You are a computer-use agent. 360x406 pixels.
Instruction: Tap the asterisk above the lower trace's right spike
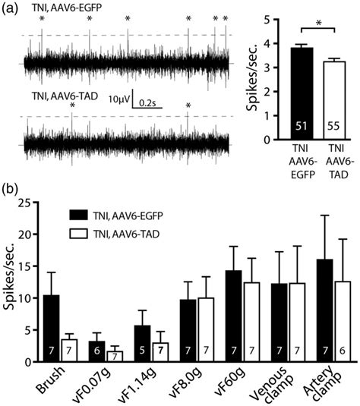point(188,105)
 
